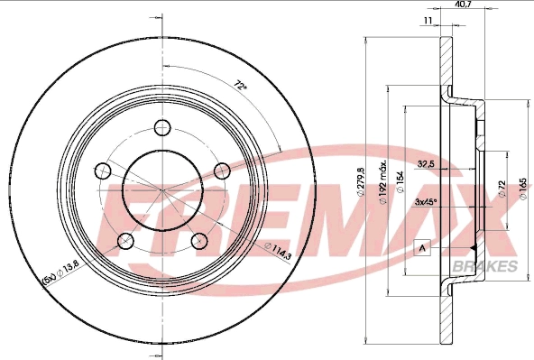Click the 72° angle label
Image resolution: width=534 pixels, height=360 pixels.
tap(241, 85)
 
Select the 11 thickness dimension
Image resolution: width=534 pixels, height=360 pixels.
tap(428, 21)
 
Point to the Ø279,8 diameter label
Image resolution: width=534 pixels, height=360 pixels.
tap(362, 182)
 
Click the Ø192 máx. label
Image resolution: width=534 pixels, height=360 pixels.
tap(382, 181)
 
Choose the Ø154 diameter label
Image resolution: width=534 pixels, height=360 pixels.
tap(400, 184)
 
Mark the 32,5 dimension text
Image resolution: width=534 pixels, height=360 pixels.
tap(425, 164)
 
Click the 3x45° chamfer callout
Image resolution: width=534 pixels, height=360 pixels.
tap(426, 202)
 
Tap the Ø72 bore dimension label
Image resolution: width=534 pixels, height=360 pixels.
tap(502, 189)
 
